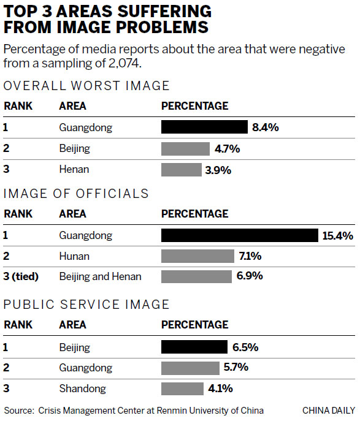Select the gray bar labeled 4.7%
(x=184, y=149)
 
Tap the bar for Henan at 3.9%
(x=181, y=170)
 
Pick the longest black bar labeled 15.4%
(x=240, y=235)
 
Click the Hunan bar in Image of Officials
(x=197, y=256)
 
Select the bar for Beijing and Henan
(x=196, y=276)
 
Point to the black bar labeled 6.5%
(x=193, y=347)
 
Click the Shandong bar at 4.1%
(x=182, y=389)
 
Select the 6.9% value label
(x=250, y=276)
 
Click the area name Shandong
(x=82, y=389)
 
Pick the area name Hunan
(x=74, y=256)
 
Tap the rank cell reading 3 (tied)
(x=21, y=276)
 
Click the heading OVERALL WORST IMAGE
(x=86, y=86)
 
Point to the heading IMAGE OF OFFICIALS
(x=76, y=194)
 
